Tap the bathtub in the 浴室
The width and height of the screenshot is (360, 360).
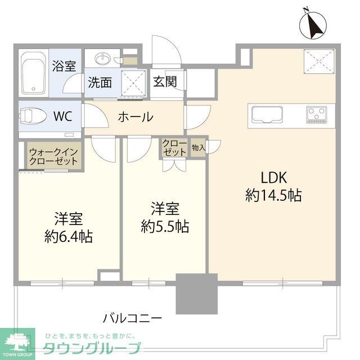(34, 74)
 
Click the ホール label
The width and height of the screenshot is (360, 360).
(135, 117)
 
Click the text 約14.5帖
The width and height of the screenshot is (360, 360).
(273, 196)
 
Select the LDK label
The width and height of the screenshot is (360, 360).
(273, 178)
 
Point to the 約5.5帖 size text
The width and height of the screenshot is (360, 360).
(165, 227)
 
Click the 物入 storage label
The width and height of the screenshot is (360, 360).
(198, 148)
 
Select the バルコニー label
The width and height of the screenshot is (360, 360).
(132, 318)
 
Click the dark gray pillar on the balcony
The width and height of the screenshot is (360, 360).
(196, 294)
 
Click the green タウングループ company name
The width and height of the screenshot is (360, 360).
(92, 348)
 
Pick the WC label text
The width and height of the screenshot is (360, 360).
(62, 117)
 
